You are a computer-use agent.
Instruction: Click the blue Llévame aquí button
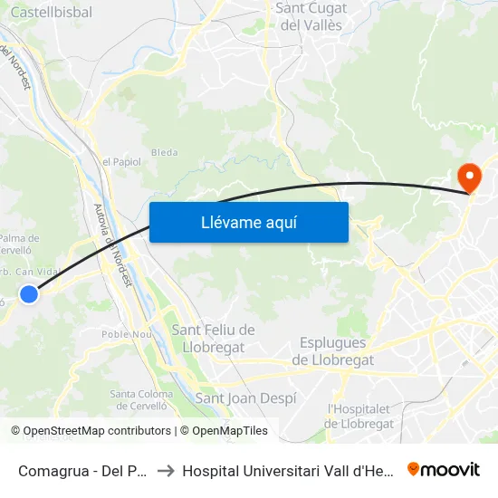tap(248, 222)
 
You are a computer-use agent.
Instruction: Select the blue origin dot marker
tap(29, 293)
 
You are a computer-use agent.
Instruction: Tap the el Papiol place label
tap(121, 161)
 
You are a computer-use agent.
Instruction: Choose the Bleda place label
tap(164, 152)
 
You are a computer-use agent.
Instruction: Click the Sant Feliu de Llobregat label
tap(214, 338)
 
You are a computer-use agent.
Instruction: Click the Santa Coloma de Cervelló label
tap(140, 399)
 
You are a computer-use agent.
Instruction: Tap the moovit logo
tap(443, 470)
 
